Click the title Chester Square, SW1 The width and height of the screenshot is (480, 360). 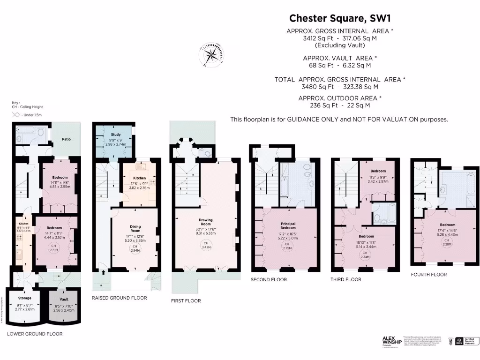[x=339, y=18]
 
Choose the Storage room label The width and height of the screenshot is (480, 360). [x=24, y=298]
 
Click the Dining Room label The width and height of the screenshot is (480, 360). [x=135, y=228]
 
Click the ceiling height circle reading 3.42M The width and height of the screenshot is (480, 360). [x=205, y=244]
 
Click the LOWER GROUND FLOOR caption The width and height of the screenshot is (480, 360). [x=35, y=334]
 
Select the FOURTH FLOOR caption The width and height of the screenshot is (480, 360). [x=428, y=274]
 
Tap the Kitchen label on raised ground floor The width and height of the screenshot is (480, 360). [x=139, y=178]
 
